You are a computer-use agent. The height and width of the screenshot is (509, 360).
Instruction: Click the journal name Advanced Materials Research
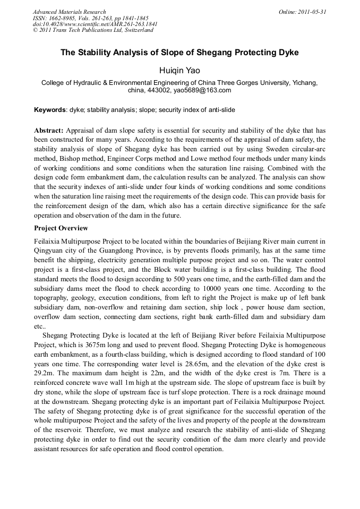click(69, 12)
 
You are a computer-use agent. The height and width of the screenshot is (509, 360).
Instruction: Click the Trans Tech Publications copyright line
click(93, 30)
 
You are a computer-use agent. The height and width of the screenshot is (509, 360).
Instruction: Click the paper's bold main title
click(179, 53)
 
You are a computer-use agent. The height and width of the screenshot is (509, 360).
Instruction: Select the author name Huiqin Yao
click(179, 70)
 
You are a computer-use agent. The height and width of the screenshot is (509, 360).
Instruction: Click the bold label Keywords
click(50, 110)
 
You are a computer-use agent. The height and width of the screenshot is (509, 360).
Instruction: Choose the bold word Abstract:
click(49, 130)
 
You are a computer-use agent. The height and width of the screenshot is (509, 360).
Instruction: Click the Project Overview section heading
click(61, 228)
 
